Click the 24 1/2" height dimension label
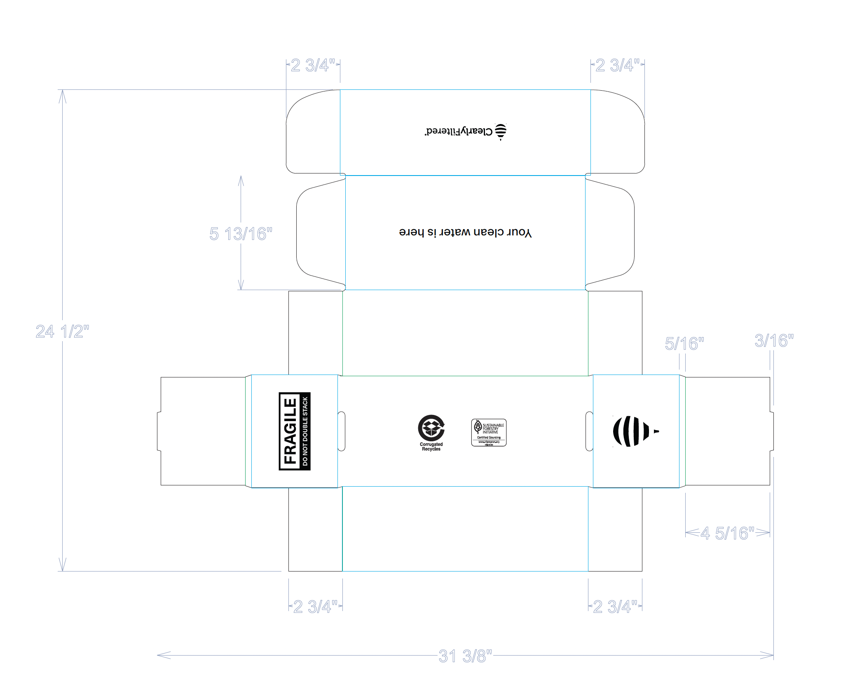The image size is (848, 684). (62, 331)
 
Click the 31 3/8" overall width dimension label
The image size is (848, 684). (465, 656)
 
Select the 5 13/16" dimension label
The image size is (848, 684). (241, 234)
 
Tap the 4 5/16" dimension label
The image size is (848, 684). (728, 533)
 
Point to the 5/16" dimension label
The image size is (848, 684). (684, 343)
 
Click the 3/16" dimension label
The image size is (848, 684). (773, 340)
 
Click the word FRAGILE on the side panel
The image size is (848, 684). (290, 431)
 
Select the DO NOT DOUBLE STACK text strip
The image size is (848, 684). (305, 431)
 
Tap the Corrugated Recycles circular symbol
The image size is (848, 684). (431, 428)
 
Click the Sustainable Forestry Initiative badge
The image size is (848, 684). (489, 432)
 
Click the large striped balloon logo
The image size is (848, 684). (632, 431)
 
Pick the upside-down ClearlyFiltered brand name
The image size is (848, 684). (459, 131)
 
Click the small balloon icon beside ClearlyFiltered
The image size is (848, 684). (501, 131)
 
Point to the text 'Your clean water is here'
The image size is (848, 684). (465, 232)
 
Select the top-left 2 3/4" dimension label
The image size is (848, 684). (313, 65)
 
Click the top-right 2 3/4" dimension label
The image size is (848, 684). (617, 65)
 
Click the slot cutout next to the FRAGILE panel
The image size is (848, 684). (341, 431)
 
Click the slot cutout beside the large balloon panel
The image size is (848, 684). (589, 431)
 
